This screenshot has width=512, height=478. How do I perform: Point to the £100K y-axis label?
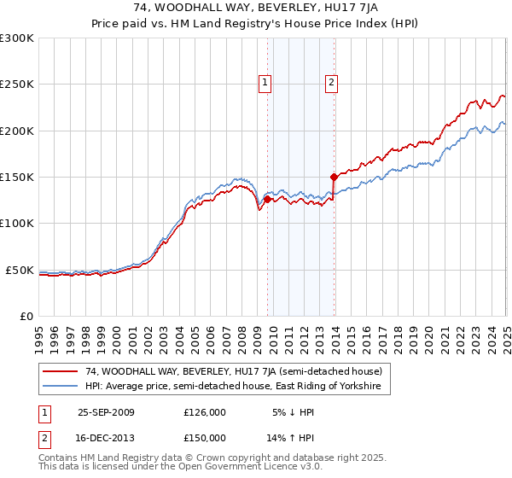tap(17, 223)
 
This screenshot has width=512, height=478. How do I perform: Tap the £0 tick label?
tap(28, 316)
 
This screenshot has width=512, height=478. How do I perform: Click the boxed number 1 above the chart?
tap(265, 83)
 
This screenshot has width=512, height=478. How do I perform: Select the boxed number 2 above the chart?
tap(331, 83)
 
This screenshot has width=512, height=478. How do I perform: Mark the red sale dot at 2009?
tap(267, 199)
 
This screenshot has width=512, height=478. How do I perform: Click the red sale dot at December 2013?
tap(334, 177)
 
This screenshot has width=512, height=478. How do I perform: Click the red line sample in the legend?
tap(61, 372)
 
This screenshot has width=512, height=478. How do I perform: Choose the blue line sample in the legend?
tap(61, 387)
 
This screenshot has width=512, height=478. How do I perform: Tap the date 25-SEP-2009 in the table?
tap(106, 411)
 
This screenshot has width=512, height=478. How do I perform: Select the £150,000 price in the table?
tap(205, 437)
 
